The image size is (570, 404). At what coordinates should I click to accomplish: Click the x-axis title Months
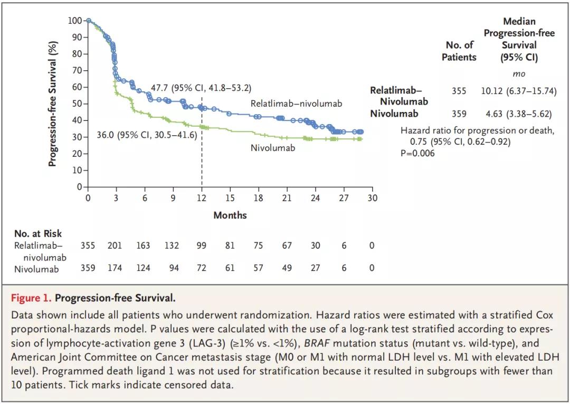coord(230,215)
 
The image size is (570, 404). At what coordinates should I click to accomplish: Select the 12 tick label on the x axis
coord(201,198)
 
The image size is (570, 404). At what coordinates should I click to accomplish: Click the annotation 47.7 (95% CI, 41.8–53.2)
coord(201,87)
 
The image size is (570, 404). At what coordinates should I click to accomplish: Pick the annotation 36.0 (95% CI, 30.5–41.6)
coord(147,135)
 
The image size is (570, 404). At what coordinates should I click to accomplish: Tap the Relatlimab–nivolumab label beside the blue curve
coord(296,104)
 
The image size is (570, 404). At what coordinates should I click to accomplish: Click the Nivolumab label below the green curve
coord(273,148)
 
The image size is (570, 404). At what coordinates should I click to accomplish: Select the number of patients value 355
coord(459,91)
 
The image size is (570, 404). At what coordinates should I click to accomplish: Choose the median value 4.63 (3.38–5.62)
coord(518,113)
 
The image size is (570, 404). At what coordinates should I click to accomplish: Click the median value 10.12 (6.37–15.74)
coord(518,91)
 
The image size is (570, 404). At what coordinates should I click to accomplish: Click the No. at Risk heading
coord(38,233)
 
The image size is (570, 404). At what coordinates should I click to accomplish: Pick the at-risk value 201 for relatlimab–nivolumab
coord(115,246)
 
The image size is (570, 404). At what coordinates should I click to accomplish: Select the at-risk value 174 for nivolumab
coord(115,268)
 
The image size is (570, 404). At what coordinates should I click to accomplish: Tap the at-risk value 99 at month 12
coord(201,246)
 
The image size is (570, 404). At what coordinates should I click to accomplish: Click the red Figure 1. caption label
coord(31,298)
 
